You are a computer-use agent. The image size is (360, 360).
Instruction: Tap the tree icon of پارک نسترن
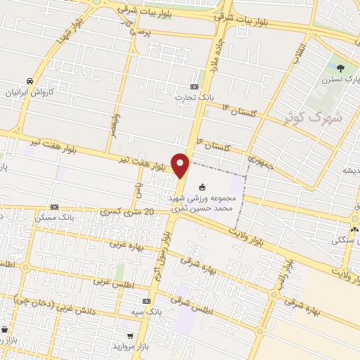(341, 69)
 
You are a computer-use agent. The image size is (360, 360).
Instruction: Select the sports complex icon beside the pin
(202, 187)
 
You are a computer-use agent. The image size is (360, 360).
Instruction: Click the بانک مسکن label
(53, 217)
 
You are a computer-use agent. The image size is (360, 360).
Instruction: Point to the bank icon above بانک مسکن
(54, 207)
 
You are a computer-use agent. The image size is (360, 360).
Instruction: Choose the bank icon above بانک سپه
(146, 300)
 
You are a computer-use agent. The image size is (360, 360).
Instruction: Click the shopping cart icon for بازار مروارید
(130, 335)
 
